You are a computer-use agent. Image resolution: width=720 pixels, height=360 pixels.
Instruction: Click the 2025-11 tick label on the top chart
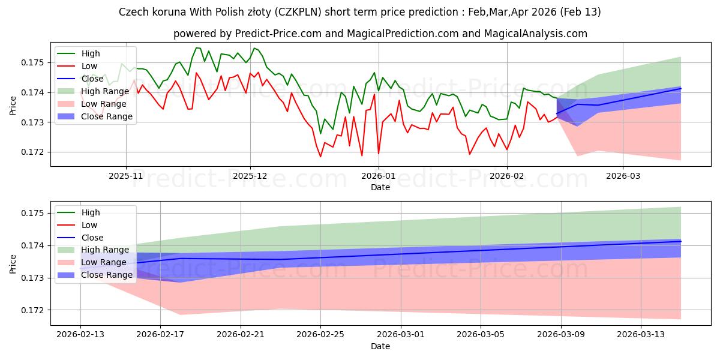tap(126, 176)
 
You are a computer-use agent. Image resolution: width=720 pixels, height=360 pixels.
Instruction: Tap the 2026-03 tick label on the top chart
tap(622, 176)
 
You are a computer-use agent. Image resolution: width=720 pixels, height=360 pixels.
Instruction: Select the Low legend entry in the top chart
tap(89, 66)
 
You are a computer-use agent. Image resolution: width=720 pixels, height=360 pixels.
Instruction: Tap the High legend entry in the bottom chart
tap(91, 212)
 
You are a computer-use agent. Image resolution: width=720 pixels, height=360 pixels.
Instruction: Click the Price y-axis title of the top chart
tap(13, 105)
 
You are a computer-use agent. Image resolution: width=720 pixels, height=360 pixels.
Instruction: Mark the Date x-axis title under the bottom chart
tap(380, 347)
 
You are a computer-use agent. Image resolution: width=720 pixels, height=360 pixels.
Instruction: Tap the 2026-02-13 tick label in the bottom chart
tap(80, 335)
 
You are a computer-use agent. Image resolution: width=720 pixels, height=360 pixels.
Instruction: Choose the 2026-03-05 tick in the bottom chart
tap(481, 335)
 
